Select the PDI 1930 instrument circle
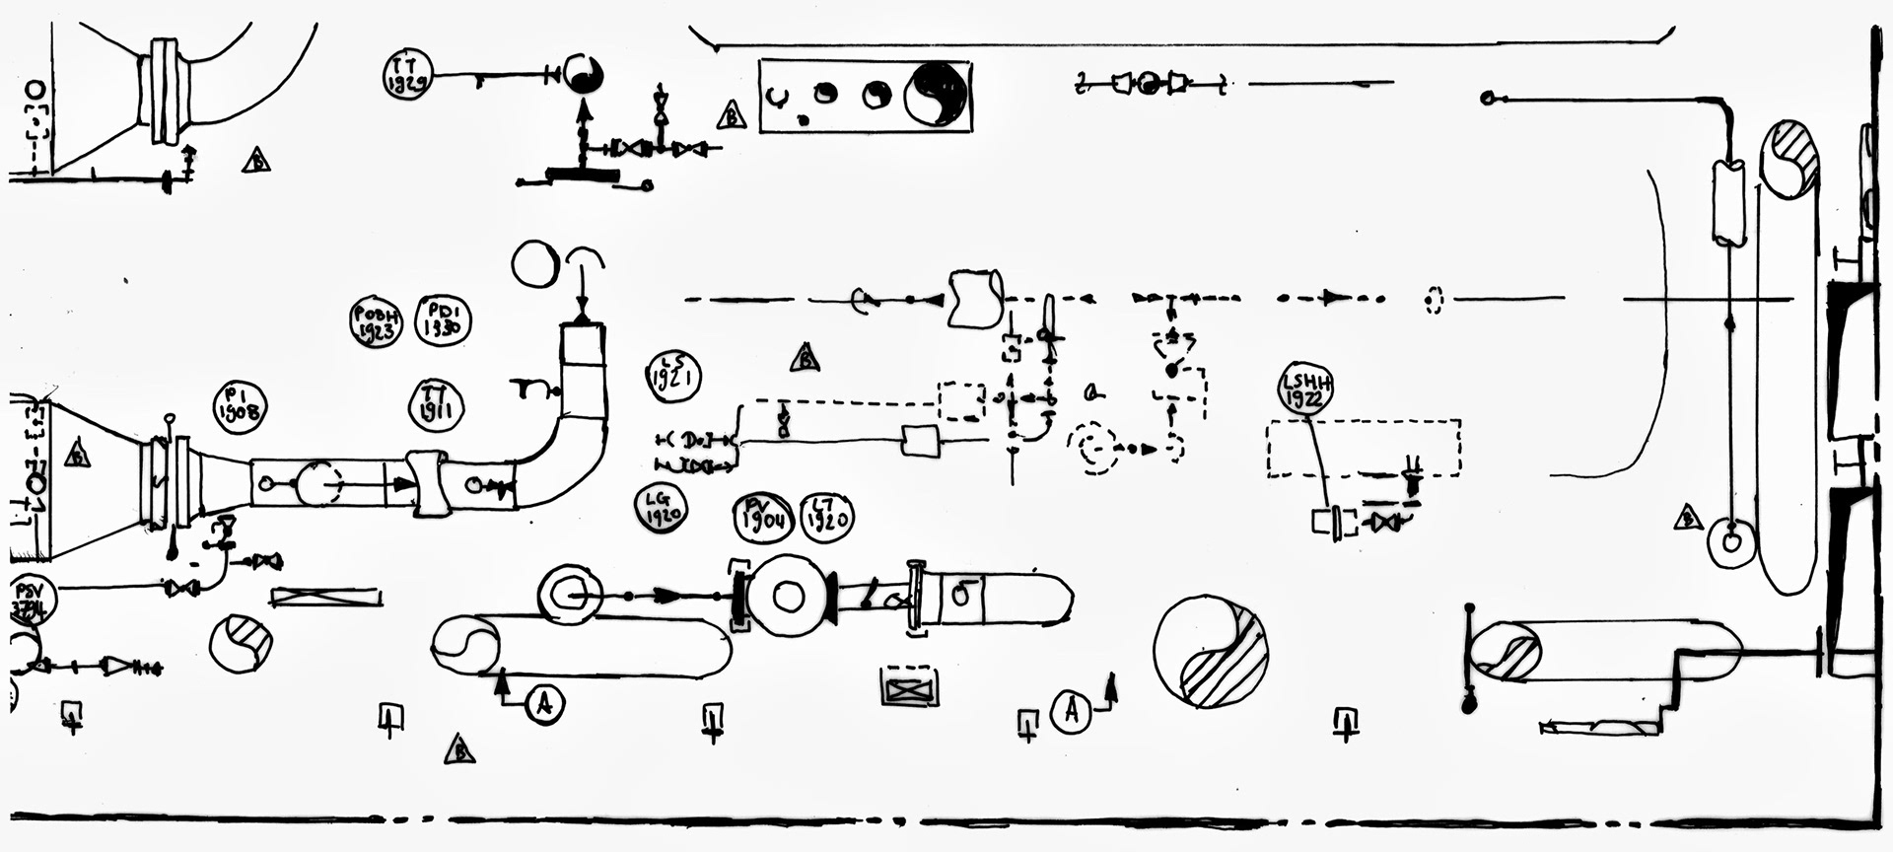tap(444, 320)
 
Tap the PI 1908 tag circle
tap(241, 405)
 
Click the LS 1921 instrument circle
tap(673, 376)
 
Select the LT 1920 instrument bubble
tap(825, 516)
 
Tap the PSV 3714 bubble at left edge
tap(32, 601)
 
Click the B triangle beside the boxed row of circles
tap(731, 115)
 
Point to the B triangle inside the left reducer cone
tap(77, 456)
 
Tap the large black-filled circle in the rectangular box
tap(938, 95)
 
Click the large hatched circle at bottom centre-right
tap(1210, 652)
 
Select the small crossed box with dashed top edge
tap(909, 687)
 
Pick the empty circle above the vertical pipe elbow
tap(535, 263)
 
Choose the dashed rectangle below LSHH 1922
tap(1363, 449)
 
